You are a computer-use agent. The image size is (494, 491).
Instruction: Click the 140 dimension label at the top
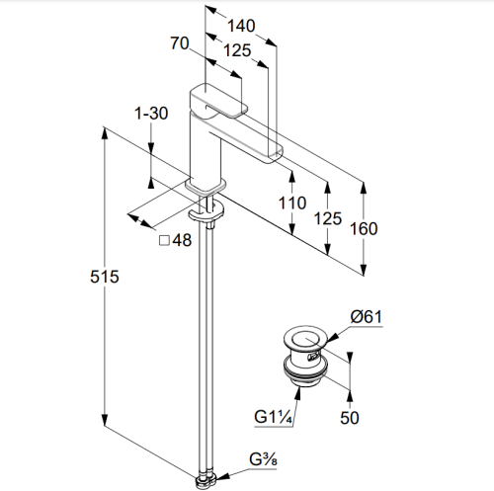[x=241, y=26]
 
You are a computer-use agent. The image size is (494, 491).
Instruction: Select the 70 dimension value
[x=180, y=43]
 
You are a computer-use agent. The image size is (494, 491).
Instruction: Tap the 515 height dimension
[x=105, y=277]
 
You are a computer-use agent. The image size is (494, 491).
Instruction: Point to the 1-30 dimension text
[x=151, y=114]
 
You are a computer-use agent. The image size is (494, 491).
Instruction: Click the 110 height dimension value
[x=292, y=203]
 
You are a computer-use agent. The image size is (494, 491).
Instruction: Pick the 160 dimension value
[x=364, y=228]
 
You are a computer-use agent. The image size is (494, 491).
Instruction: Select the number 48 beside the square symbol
[x=182, y=240]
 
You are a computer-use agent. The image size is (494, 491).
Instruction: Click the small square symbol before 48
[x=164, y=240]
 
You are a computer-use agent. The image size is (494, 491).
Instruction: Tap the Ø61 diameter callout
[x=367, y=317]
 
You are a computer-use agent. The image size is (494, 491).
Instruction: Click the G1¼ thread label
[x=273, y=417]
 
